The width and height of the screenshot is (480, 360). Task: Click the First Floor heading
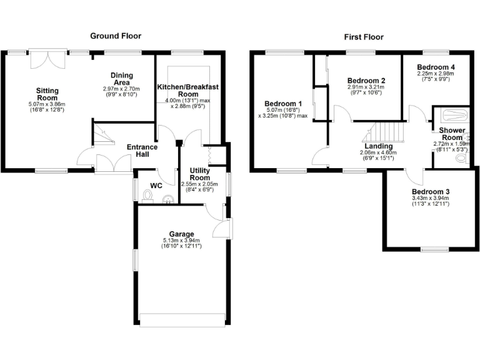pos(363,37)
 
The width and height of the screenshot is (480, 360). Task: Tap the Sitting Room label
pos(47,94)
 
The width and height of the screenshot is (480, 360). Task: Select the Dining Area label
pos(122,79)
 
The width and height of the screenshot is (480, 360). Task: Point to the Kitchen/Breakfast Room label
pos(187,90)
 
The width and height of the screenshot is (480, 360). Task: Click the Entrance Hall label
pos(142,151)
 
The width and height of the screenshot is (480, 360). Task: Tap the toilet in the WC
pos(147,196)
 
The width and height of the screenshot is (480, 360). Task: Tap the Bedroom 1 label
pos(283,104)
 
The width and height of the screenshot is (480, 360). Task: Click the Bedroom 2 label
pos(366,81)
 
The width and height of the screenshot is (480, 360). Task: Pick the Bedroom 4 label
pos(436,67)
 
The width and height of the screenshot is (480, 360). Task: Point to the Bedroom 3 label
pos(430,192)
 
